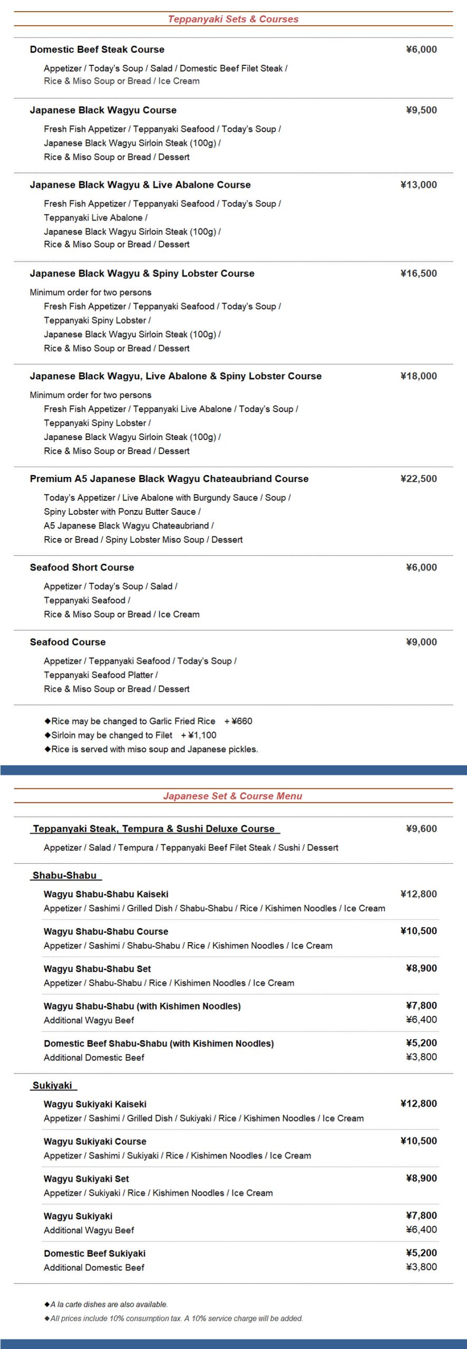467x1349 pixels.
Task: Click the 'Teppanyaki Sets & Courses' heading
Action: click(233, 19)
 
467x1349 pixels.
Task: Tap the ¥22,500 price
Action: click(419, 478)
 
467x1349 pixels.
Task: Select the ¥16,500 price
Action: click(419, 273)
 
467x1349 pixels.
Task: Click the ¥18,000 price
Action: click(419, 376)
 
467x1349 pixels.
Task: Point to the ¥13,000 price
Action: click(419, 184)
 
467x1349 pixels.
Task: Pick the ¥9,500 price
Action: click(421, 110)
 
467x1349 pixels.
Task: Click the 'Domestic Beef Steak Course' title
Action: click(97, 50)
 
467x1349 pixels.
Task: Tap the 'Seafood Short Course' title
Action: click(82, 568)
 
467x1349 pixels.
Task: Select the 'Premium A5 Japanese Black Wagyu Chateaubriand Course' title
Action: click(169, 478)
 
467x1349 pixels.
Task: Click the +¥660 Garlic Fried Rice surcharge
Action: click(238, 721)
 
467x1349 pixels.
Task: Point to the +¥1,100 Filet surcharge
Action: click(199, 735)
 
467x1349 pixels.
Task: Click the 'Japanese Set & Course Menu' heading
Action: click(232, 796)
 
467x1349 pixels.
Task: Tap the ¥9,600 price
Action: click(421, 829)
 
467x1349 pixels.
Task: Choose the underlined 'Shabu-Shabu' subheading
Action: click(65, 875)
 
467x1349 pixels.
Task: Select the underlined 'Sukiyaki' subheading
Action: click(52, 1085)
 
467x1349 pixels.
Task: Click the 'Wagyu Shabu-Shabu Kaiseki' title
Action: click(106, 894)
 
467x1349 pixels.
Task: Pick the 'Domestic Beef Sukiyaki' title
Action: click(94, 1253)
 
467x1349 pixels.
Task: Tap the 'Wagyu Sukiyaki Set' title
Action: click(86, 1179)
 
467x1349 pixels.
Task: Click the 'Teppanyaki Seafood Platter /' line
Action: click(101, 675)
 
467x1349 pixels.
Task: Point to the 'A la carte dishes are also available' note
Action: click(109, 1304)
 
